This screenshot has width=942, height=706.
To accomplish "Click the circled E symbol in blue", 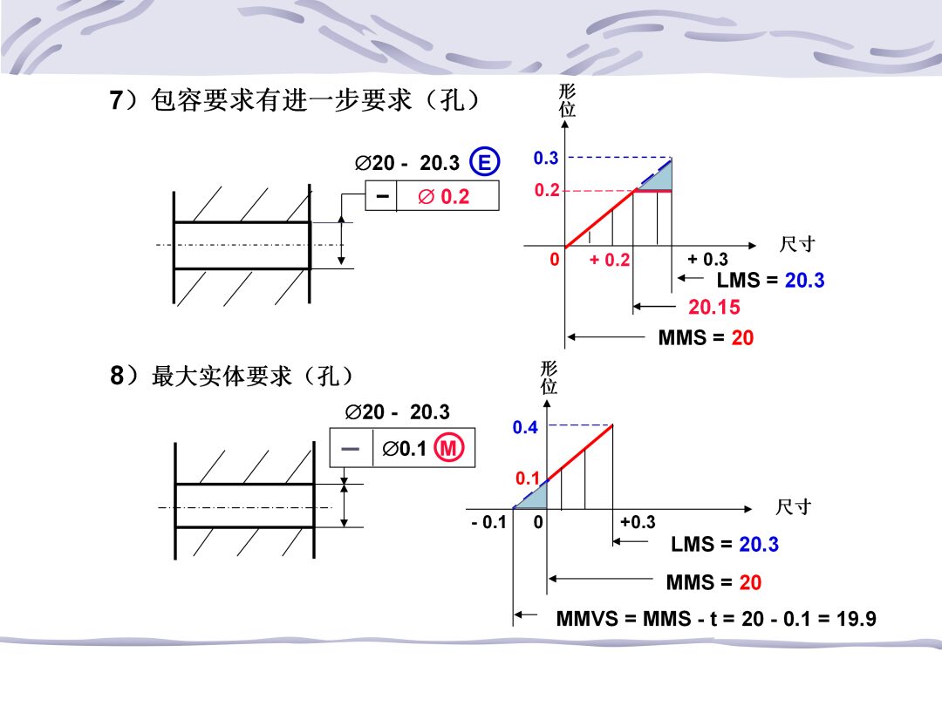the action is coord(484,161).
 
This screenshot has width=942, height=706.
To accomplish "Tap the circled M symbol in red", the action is coord(449,447).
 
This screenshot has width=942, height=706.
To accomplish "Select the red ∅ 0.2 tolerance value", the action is coord(443,196).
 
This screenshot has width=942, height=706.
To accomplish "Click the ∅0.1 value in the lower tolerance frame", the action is coord(404,448).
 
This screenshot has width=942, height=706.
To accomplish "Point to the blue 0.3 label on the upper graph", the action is coord(545,158).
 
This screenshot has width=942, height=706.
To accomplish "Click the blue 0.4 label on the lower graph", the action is coord(525,427).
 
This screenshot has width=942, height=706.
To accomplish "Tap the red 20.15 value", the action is coord(713,308).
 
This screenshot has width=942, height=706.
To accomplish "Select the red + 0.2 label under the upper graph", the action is coord(609,260).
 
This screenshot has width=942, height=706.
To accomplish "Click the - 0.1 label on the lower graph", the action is coord(489,522).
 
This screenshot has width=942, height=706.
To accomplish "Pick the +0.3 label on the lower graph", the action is coord(638,522).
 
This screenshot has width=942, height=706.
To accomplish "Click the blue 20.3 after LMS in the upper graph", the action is coord(804,281).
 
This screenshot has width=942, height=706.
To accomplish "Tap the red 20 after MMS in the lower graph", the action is coord(750,582).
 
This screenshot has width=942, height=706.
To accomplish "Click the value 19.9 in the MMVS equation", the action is coord(857,618).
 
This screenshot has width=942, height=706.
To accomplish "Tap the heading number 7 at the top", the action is coord(116,99).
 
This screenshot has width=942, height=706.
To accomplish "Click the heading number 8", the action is coord(117,376).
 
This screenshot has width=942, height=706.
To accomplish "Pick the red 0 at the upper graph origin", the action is coord(555,260).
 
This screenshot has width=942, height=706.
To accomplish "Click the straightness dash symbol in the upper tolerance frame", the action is coord(382,196).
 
